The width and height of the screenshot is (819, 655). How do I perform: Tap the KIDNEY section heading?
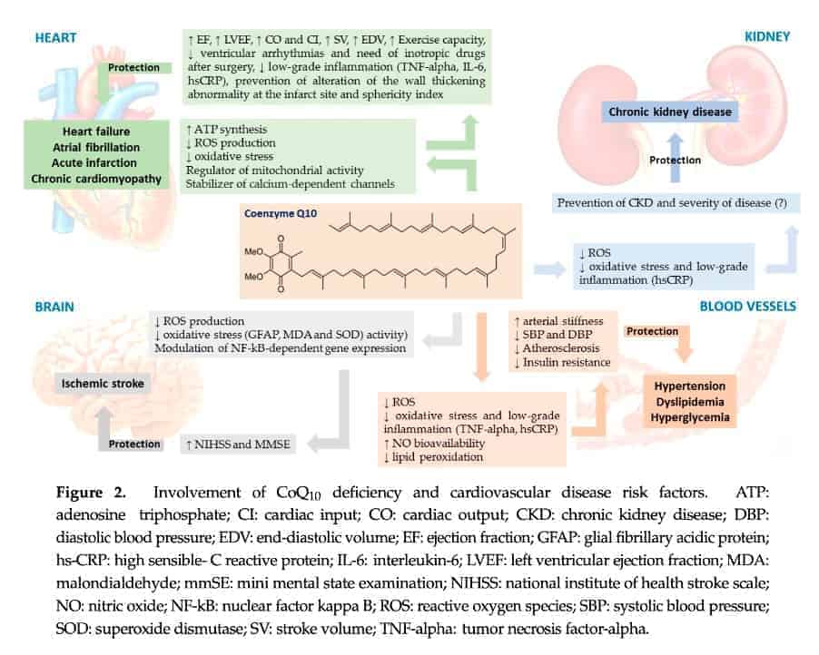point(767,37)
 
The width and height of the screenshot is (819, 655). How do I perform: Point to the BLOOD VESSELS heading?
point(747,307)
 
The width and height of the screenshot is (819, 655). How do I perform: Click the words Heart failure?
point(95,131)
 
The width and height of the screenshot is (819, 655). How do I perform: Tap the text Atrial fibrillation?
point(95,146)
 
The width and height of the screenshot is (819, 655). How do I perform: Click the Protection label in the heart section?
point(134,68)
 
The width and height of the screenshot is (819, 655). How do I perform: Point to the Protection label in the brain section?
point(135,444)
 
